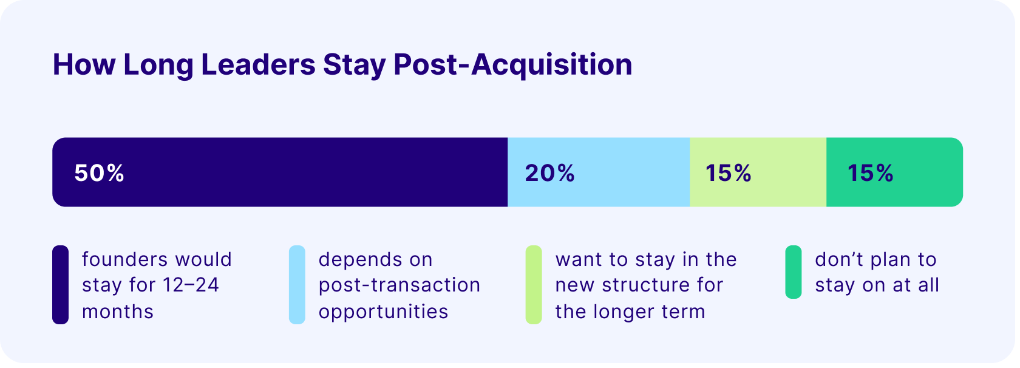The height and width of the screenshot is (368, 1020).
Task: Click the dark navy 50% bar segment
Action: coord(280,172)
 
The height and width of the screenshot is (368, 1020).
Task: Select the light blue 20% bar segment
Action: coord(599,172)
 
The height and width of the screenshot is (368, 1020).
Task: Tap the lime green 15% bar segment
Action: coord(758,172)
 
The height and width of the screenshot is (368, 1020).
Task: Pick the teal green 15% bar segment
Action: coord(895,172)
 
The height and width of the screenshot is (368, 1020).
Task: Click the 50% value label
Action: coord(100,173)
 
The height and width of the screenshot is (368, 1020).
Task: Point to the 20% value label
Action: coord(549,173)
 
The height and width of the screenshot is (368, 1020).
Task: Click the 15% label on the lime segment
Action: coord(728,173)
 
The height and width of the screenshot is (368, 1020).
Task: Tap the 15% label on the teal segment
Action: coord(870,173)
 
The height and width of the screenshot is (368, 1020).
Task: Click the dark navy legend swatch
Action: coord(61,285)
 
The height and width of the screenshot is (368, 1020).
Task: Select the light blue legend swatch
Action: coord(297,285)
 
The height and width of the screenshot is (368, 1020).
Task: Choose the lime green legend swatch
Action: coord(534,285)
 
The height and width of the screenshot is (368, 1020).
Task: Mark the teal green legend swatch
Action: coord(793,272)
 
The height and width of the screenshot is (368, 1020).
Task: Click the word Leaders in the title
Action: coord(258,64)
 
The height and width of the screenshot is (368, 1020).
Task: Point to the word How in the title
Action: coord(84,64)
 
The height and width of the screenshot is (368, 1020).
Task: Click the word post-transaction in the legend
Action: coord(399,286)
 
